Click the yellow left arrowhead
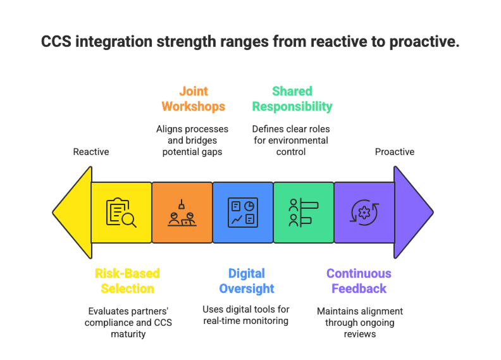[x=72, y=213]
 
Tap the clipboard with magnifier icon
[x=121, y=213]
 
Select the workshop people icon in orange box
[x=182, y=213]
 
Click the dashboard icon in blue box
[x=243, y=213]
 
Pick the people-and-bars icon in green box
[x=303, y=213]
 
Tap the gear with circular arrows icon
[x=364, y=213]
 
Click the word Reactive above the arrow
[x=91, y=152]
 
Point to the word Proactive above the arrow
[x=394, y=152]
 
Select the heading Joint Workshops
[x=193, y=99]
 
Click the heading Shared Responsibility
[x=292, y=99]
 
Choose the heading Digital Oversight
[x=247, y=281]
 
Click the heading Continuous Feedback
[x=359, y=281]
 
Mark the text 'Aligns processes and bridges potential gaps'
[x=192, y=140]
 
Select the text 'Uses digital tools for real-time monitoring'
[x=246, y=316]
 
